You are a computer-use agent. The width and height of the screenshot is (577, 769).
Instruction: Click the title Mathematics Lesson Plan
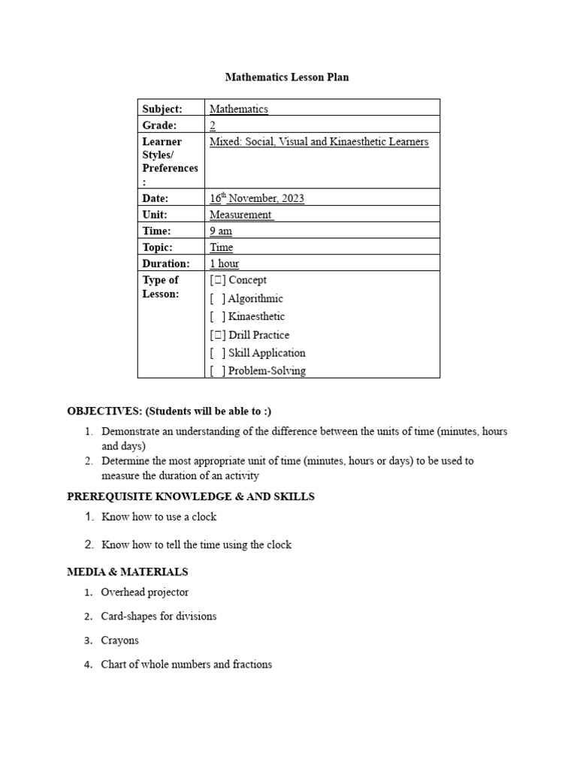coord(287,77)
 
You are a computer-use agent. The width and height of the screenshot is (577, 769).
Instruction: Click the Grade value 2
coord(213,125)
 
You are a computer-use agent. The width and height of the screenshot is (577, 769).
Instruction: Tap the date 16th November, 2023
coord(257,198)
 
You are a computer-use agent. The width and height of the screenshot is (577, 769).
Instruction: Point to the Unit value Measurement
coord(241,215)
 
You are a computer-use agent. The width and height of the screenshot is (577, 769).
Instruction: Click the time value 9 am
coord(221,231)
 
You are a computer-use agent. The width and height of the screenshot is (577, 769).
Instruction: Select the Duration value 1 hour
coord(224,264)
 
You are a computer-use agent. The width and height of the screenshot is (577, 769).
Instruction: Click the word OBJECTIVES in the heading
coord(104,411)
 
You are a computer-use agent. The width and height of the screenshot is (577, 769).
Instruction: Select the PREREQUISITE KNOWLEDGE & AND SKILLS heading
coord(191,496)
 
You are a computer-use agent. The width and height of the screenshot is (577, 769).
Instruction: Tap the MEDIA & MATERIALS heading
coord(128,571)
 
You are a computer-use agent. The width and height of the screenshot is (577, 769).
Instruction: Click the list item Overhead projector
coord(144,593)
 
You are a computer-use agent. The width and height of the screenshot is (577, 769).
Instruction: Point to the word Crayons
coord(120,641)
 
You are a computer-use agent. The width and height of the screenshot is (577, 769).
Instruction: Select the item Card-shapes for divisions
coord(159,617)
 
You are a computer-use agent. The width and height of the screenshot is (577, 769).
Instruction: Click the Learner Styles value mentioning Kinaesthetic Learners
coord(319,142)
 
